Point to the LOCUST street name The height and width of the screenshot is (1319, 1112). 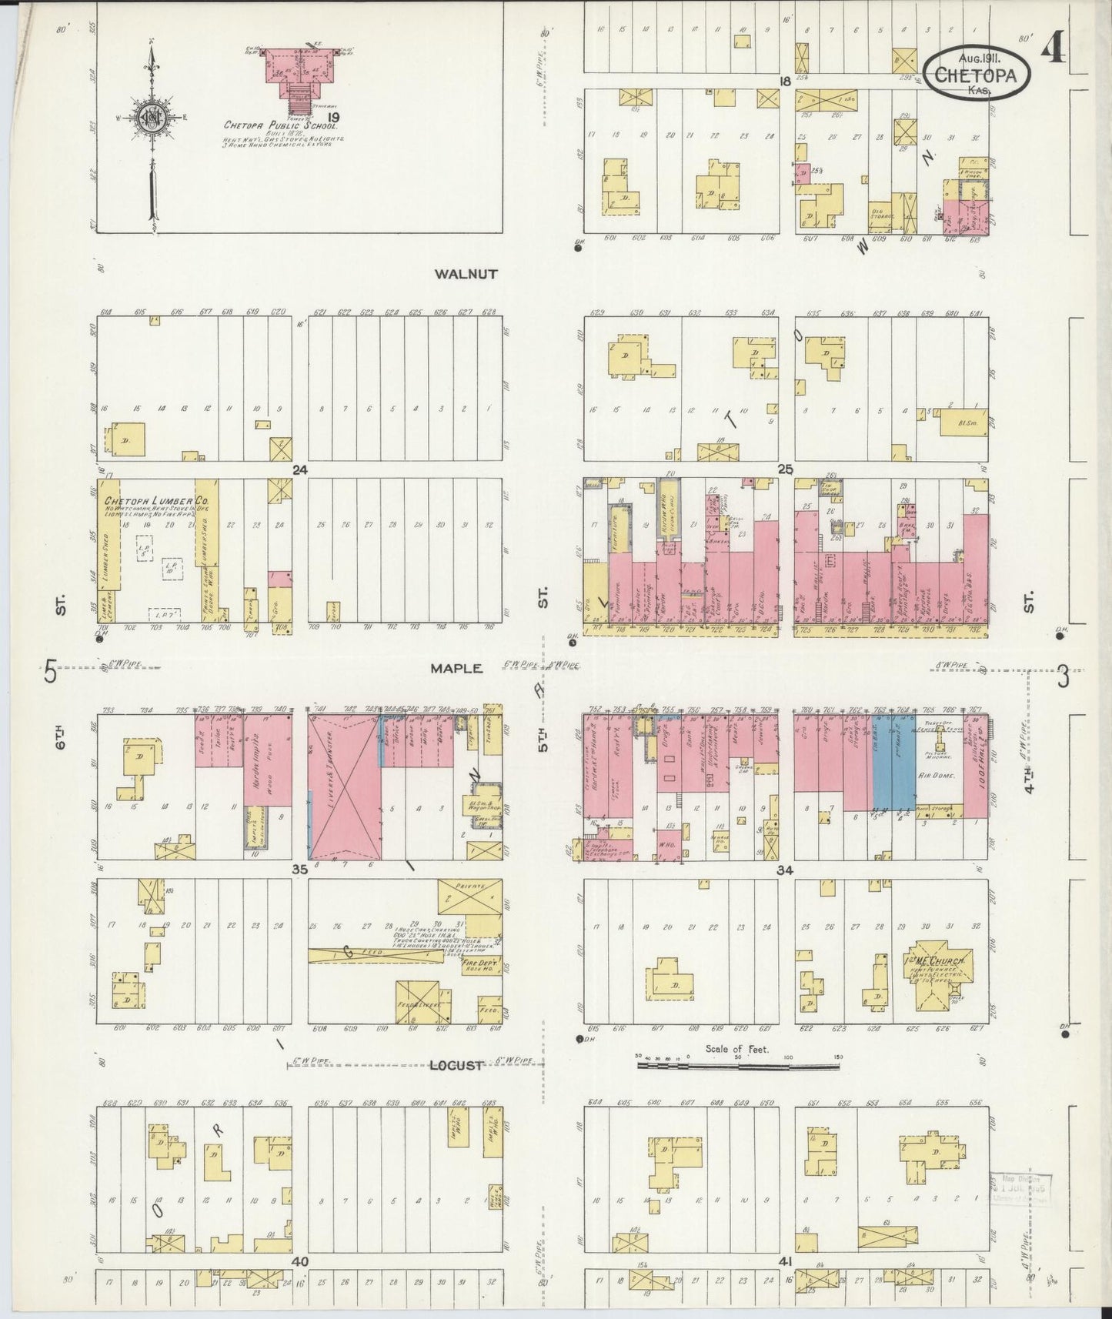pyautogui.click(x=456, y=1066)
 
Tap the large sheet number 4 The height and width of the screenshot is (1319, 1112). pyautogui.click(x=1054, y=50)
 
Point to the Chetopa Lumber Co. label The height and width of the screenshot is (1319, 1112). pyautogui.click(x=162, y=501)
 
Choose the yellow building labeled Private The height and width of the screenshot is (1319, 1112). pyautogui.click(x=469, y=897)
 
